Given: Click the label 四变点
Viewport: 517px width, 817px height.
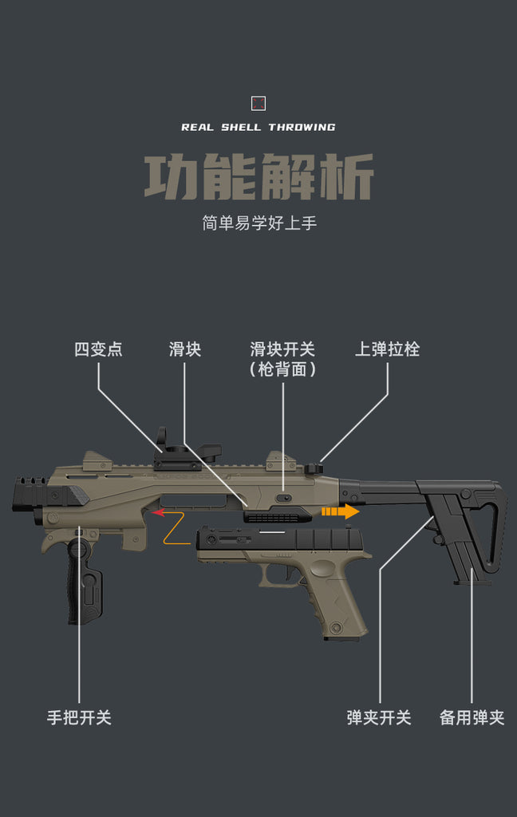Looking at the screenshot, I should (98, 349).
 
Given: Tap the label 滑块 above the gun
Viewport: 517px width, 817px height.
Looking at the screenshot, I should (184, 349).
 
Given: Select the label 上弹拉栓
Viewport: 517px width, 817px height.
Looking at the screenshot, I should (387, 349).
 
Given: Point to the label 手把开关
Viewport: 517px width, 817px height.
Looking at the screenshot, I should (79, 717).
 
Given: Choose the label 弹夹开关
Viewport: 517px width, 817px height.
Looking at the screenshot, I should (379, 717).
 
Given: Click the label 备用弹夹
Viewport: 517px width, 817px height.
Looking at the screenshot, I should (472, 717).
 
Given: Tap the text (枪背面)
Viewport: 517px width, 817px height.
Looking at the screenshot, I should (282, 369).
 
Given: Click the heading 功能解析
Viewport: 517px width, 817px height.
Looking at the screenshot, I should (258, 178).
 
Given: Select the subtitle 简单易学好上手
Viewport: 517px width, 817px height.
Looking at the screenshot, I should (258, 223).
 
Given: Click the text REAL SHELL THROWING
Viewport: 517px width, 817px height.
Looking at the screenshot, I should (258, 127).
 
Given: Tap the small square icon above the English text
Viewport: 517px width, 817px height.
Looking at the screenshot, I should (258, 103).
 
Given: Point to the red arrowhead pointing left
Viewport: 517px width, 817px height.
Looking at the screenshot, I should (158, 513).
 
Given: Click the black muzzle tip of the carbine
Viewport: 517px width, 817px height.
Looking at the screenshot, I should (30, 492).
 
